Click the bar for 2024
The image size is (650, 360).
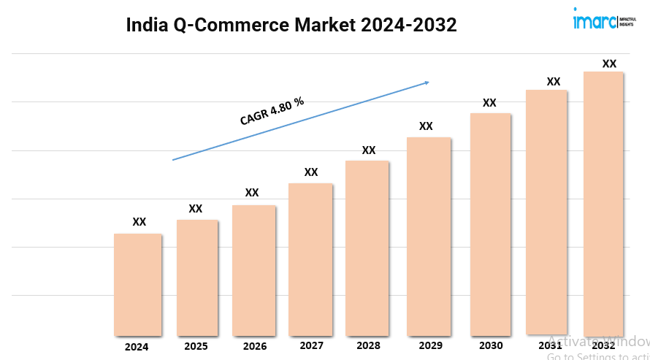(137, 284)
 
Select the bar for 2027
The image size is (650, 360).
(310, 258)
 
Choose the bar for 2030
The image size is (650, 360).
(490, 223)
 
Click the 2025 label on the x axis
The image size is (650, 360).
(196, 346)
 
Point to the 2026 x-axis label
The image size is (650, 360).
(255, 346)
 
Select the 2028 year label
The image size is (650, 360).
(368, 345)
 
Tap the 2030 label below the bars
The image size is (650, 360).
(490, 345)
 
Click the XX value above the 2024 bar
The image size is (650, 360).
(139, 222)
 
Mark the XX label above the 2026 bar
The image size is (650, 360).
(252, 193)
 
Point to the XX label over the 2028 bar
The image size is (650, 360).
(369, 150)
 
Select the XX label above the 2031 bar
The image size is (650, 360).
(554, 82)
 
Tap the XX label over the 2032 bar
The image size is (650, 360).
(609, 64)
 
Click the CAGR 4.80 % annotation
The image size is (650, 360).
(272, 111)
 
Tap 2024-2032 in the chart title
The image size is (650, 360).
(408, 25)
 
